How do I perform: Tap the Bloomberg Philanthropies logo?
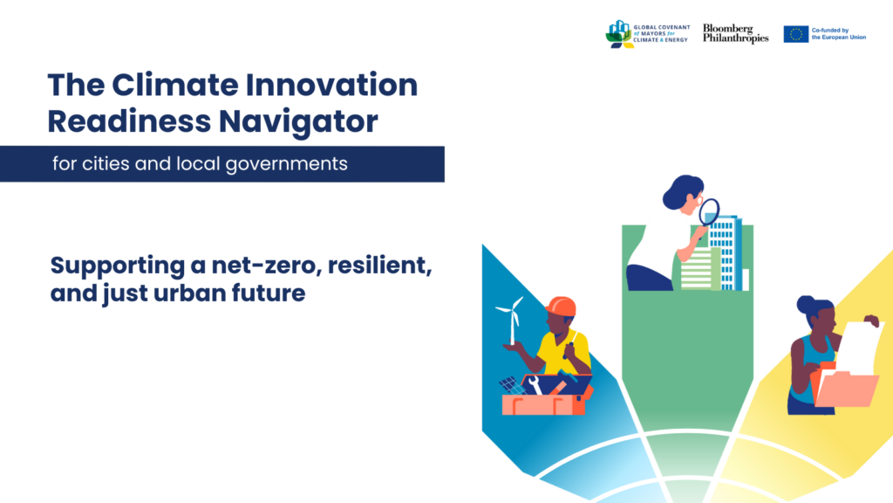click(x=735, y=34)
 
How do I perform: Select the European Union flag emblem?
click(x=795, y=34)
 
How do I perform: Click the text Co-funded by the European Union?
click(x=838, y=34)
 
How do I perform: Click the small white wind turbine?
click(x=510, y=319)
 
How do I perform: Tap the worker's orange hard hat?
click(x=560, y=307)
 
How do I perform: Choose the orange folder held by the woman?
click(x=845, y=389)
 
